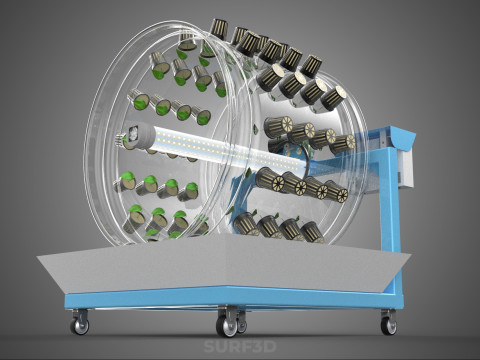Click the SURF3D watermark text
pos(240,347)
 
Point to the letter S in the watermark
pos(209,347)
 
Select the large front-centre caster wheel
pos(226,327)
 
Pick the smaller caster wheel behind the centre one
pos(242,324)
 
